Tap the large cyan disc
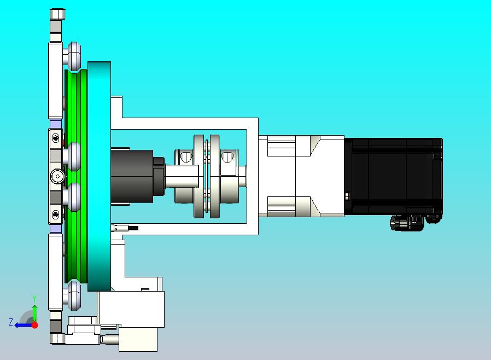click(100, 176)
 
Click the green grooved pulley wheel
click(76, 176)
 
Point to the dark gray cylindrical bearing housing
click(132, 176)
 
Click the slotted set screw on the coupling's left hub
click(186, 156)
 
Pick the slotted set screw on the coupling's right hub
click(227, 156)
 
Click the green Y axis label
click(34, 298)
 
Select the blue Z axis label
click(11, 322)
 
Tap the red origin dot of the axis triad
click(35, 325)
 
